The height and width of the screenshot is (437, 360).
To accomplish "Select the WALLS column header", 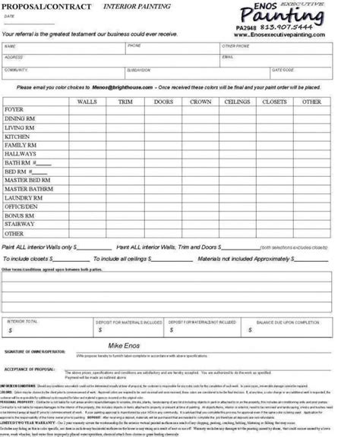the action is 87,101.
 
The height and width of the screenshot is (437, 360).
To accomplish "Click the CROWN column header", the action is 201,101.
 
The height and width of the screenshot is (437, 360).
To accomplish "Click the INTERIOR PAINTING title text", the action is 128,6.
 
